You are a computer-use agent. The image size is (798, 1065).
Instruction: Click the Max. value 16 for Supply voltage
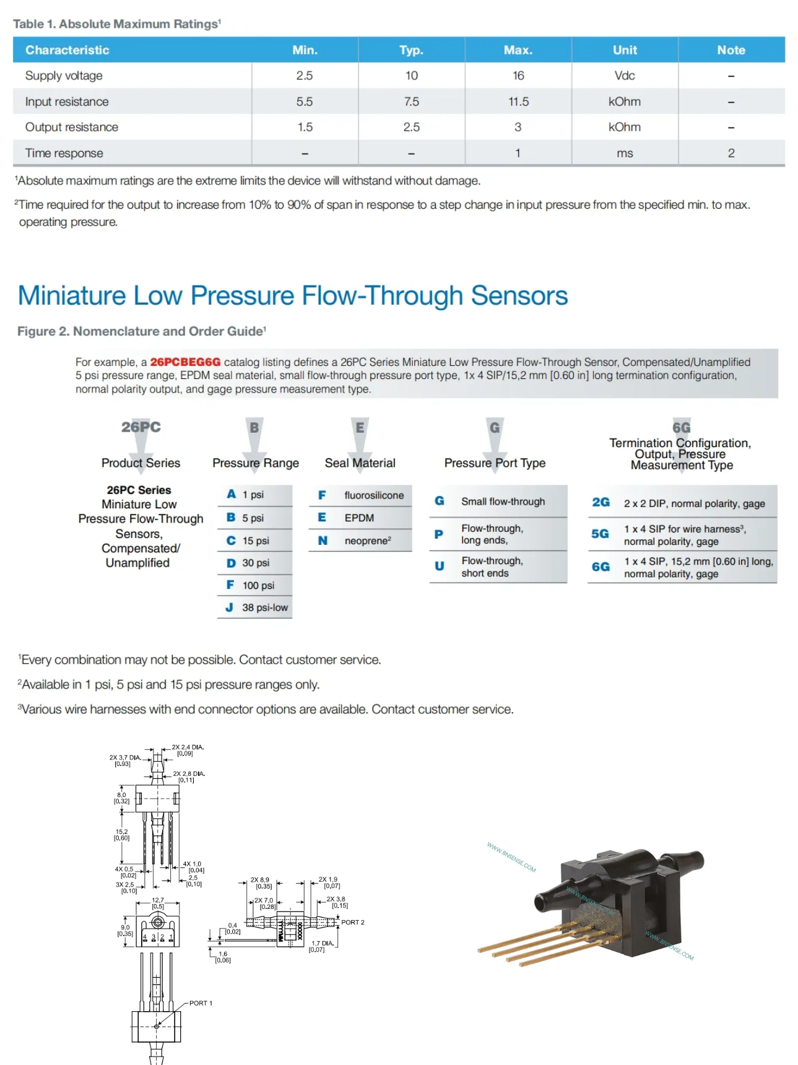[x=518, y=76]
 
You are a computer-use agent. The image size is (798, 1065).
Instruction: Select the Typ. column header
[x=411, y=50]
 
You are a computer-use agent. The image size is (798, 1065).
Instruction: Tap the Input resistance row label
[x=67, y=102]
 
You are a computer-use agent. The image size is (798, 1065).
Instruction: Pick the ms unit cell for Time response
[x=625, y=153]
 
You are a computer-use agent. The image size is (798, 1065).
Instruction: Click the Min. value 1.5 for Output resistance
[x=305, y=127]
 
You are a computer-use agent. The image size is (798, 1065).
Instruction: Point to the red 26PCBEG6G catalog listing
[x=185, y=362]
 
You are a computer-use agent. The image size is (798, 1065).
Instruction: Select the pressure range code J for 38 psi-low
[x=229, y=607]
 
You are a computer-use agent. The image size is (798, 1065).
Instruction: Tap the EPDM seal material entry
[x=359, y=518]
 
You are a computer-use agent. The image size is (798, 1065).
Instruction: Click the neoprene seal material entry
[x=367, y=541]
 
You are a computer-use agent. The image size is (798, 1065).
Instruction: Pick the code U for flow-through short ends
[x=439, y=566]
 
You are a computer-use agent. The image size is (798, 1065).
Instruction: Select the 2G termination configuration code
[x=601, y=502]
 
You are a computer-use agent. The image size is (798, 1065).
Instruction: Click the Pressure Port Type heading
[x=495, y=463]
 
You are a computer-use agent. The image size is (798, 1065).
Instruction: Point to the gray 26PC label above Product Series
[x=141, y=427]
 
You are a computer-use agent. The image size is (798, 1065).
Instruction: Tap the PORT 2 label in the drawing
[x=352, y=922]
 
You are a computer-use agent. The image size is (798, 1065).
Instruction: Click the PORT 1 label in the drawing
[x=201, y=1003]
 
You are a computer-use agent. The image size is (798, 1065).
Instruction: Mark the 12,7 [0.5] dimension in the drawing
[x=158, y=903]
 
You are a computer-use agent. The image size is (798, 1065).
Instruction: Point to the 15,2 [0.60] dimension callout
[x=121, y=835]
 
